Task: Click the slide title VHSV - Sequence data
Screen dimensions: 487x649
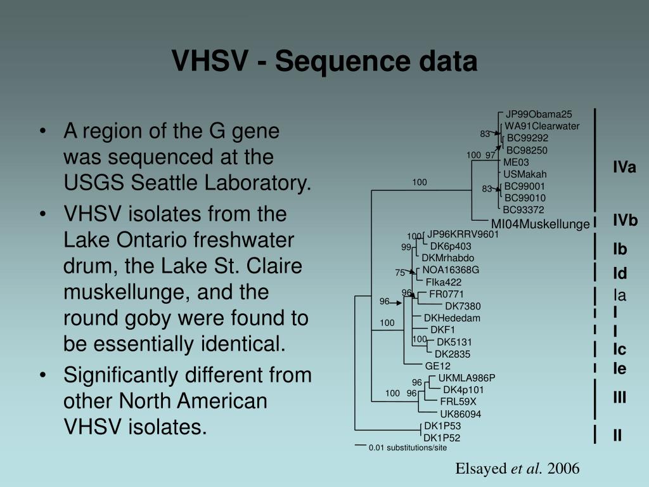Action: click(324, 62)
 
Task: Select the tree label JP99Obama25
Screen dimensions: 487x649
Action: click(539, 114)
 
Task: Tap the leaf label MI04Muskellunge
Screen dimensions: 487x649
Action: click(540, 224)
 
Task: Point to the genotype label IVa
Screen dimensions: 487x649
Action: click(624, 167)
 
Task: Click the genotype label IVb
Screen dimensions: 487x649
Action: click(624, 221)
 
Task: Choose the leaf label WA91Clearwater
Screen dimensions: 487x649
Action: click(542, 126)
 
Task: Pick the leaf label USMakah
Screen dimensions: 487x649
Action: click(525, 174)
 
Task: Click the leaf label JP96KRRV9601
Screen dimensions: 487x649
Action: click(463, 234)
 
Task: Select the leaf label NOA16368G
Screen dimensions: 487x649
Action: click(451, 269)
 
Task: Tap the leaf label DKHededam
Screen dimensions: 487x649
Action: click(452, 318)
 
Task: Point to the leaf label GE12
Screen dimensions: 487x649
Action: click(437, 366)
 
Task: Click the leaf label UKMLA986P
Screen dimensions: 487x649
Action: click(466, 378)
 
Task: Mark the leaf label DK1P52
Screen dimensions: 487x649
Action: click(442, 438)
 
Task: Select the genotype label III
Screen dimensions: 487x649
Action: click(619, 398)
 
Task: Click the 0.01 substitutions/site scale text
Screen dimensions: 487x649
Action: click(408, 448)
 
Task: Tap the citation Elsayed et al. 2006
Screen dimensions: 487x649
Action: click(517, 469)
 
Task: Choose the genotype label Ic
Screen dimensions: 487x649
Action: click(619, 349)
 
